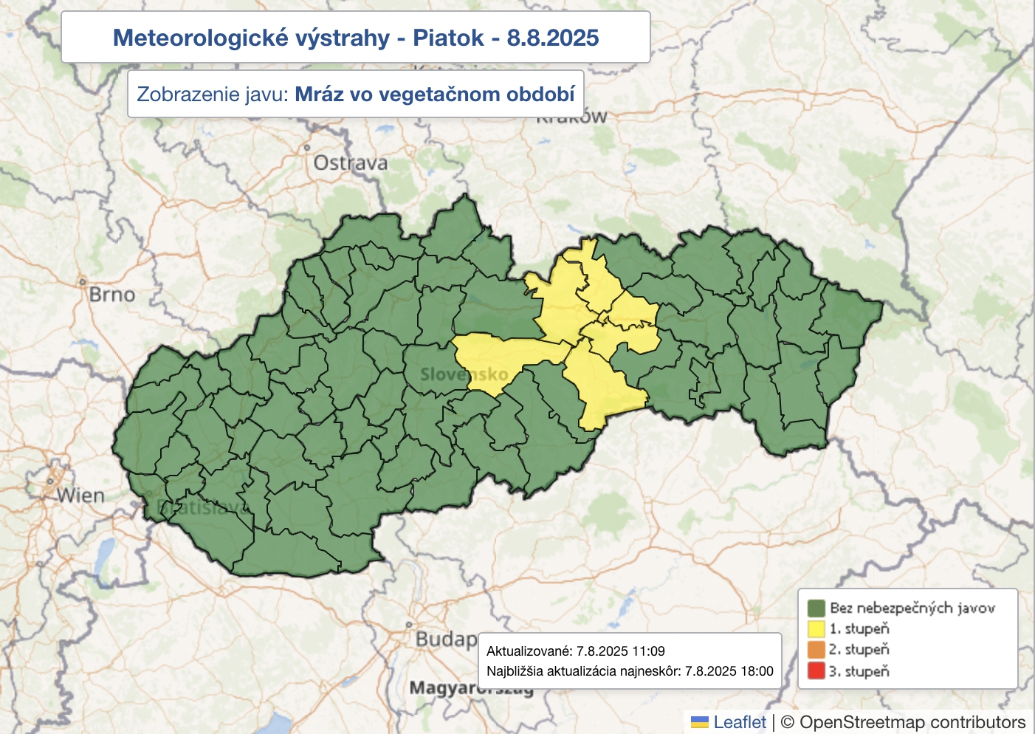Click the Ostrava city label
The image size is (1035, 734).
(x=351, y=163)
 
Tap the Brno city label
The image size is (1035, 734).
(x=112, y=295)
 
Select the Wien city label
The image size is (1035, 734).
(x=81, y=495)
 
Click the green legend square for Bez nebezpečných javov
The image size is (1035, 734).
(x=816, y=608)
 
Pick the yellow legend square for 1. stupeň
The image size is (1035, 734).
(x=816, y=629)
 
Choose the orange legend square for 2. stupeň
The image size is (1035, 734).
(x=816, y=650)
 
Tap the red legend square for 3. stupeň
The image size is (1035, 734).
(x=816, y=671)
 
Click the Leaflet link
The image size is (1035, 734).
(x=740, y=722)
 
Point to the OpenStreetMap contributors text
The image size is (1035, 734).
(x=912, y=722)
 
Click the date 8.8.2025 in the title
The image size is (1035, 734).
(x=552, y=38)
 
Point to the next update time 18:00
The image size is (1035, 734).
(x=756, y=671)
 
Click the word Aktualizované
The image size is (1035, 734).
(x=529, y=651)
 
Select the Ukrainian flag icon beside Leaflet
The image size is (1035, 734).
(x=699, y=722)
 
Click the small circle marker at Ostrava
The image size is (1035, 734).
(x=307, y=148)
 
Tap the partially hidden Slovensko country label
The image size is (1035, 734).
(x=464, y=374)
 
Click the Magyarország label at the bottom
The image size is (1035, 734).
(x=471, y=688)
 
